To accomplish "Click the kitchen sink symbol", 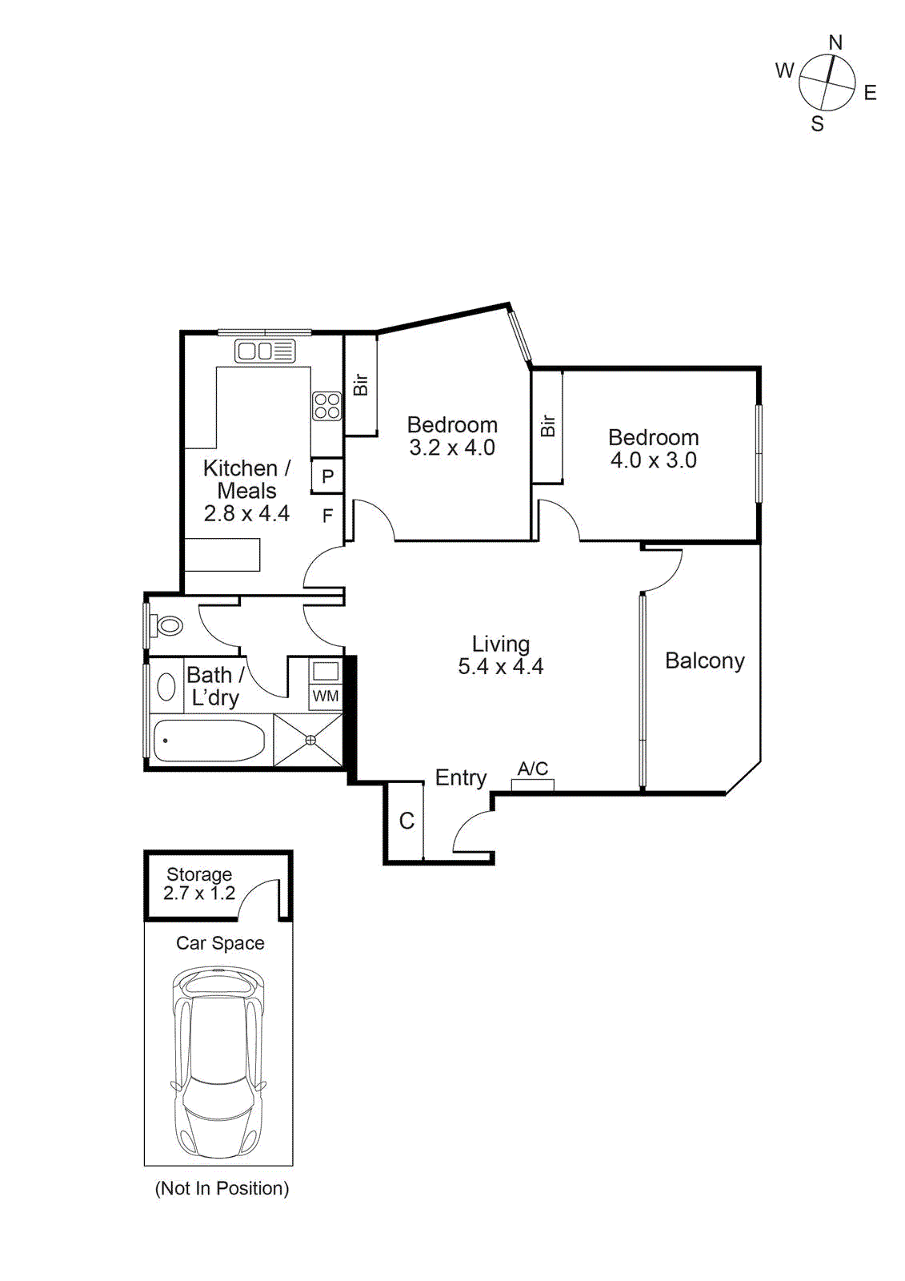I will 265,351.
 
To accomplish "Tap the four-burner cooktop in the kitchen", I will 326,406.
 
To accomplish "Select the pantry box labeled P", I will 327,476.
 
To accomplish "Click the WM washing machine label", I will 326,696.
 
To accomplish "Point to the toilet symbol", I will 167,625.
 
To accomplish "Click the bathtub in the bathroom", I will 209,741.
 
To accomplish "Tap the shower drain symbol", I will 310,741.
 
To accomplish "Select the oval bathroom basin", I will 166,687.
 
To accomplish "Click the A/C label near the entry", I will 533,769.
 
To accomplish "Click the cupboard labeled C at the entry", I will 406,821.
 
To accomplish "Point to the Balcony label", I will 704,661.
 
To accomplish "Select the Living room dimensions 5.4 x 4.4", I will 500,667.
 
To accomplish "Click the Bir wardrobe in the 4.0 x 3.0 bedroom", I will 548,426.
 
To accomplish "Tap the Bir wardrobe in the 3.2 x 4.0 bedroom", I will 361,384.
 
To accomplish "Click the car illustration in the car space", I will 218,1061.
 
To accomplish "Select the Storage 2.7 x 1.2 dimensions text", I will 199,893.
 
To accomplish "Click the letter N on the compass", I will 835,42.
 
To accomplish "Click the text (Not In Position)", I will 222,1188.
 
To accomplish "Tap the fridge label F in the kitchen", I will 327,516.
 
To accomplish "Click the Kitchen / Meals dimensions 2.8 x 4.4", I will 246,514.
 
